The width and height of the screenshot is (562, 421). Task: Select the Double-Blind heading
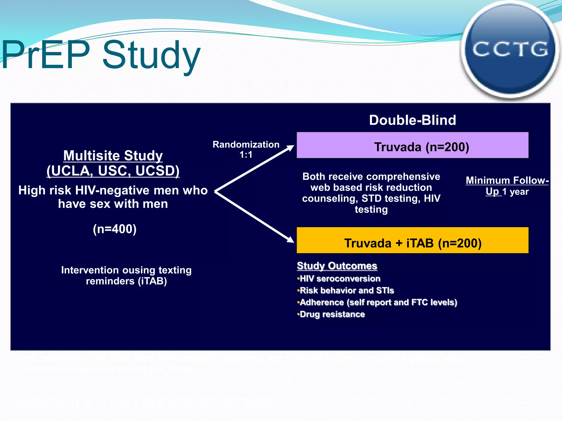(x=412, y=120)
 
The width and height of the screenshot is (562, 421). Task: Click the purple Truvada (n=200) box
(x=412, y=146)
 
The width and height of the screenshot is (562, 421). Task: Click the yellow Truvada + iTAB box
(x=412, y=241)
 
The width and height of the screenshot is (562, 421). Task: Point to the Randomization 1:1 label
(x=246, y=149)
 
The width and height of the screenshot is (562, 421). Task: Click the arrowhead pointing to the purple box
(x=290, y=148)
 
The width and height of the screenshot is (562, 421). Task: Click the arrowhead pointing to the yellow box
(x=290, y=239)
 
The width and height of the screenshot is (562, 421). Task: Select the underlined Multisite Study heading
(x=113, y=156)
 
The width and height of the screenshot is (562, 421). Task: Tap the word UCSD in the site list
(x=157, y=171)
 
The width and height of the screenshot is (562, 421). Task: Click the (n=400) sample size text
(x=114, y=229)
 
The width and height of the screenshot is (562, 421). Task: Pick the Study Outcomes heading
(x=337, y=266)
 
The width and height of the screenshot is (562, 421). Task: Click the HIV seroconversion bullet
(x=340, y=279)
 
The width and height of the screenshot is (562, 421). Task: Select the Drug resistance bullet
(x=332, y=314)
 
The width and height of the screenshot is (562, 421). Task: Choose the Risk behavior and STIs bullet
(x=347, y=291)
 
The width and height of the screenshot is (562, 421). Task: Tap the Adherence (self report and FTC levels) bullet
(x=378, y=302)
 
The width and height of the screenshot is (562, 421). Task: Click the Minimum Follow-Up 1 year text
(x=507, y=186)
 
